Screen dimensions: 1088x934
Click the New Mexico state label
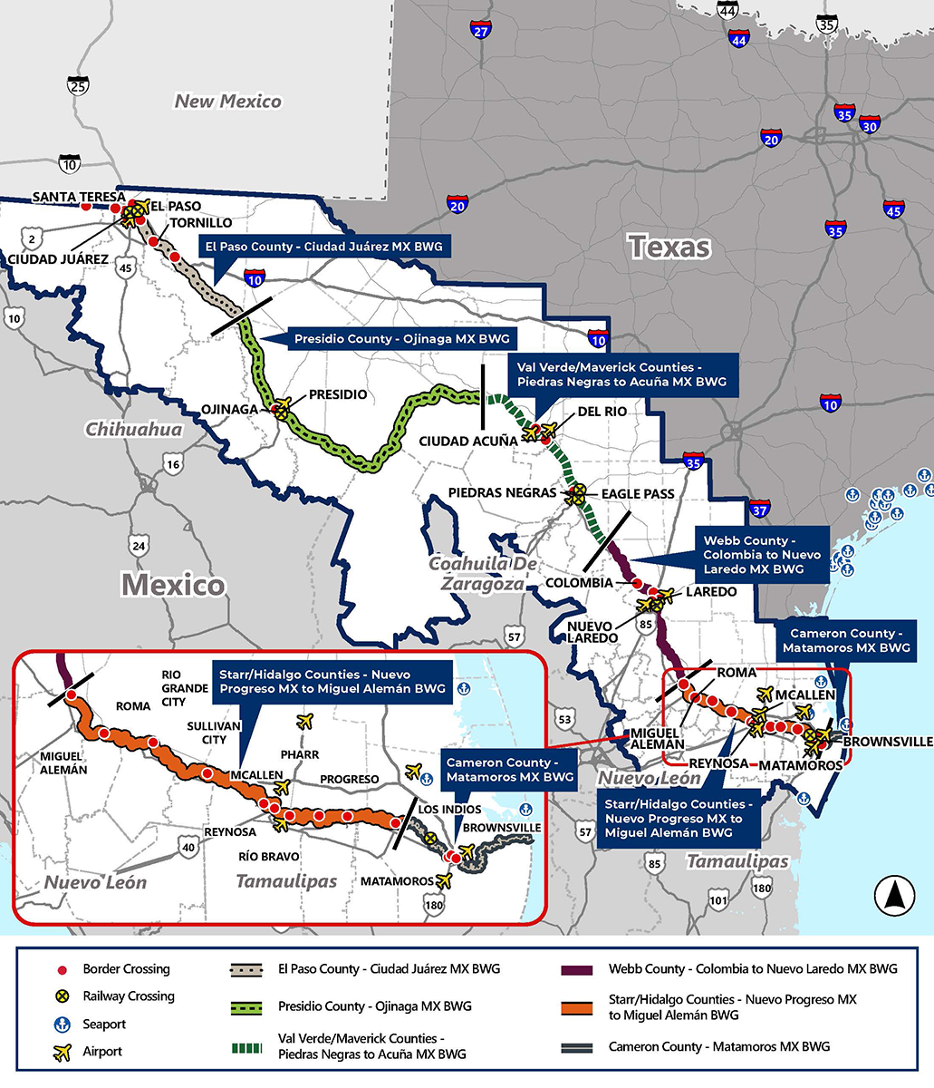pyautogui.click(x=227, y=102)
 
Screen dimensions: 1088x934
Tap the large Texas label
pyautogui.click(x=669, y=246)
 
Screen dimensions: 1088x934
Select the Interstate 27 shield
pyautogui.click(x=480, y=32)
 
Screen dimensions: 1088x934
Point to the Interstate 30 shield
pyautogui.click(x=869, y=126)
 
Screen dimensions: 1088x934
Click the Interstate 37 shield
pyautogui.click(x=759, y=510)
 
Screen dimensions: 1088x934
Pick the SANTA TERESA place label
pyautogui.click(x=72, y=197)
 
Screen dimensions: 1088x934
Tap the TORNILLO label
pyautogui.click(x=201, y=223)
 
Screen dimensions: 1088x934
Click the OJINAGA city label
pyautogui.click(x=229, y=409)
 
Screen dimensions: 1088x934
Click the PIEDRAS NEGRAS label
pyautogui.click(x=502, y=492)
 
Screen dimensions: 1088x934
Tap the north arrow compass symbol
pyautogui.click(x=893, y=896)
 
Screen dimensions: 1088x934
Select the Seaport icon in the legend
pyautogui.click(x=63, y=1025)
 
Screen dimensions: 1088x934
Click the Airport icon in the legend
pyautogui.click(x=63, y=1052)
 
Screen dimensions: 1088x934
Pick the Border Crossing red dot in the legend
pyautogui.click(x=63, y=969)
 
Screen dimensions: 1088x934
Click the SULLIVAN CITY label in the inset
pyautogui.click(x=214, y=733)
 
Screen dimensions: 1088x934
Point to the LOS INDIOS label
pyautogui.click(x=443, y=810)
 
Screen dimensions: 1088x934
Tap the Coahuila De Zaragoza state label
pyautogui.click(x=477, y=574)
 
